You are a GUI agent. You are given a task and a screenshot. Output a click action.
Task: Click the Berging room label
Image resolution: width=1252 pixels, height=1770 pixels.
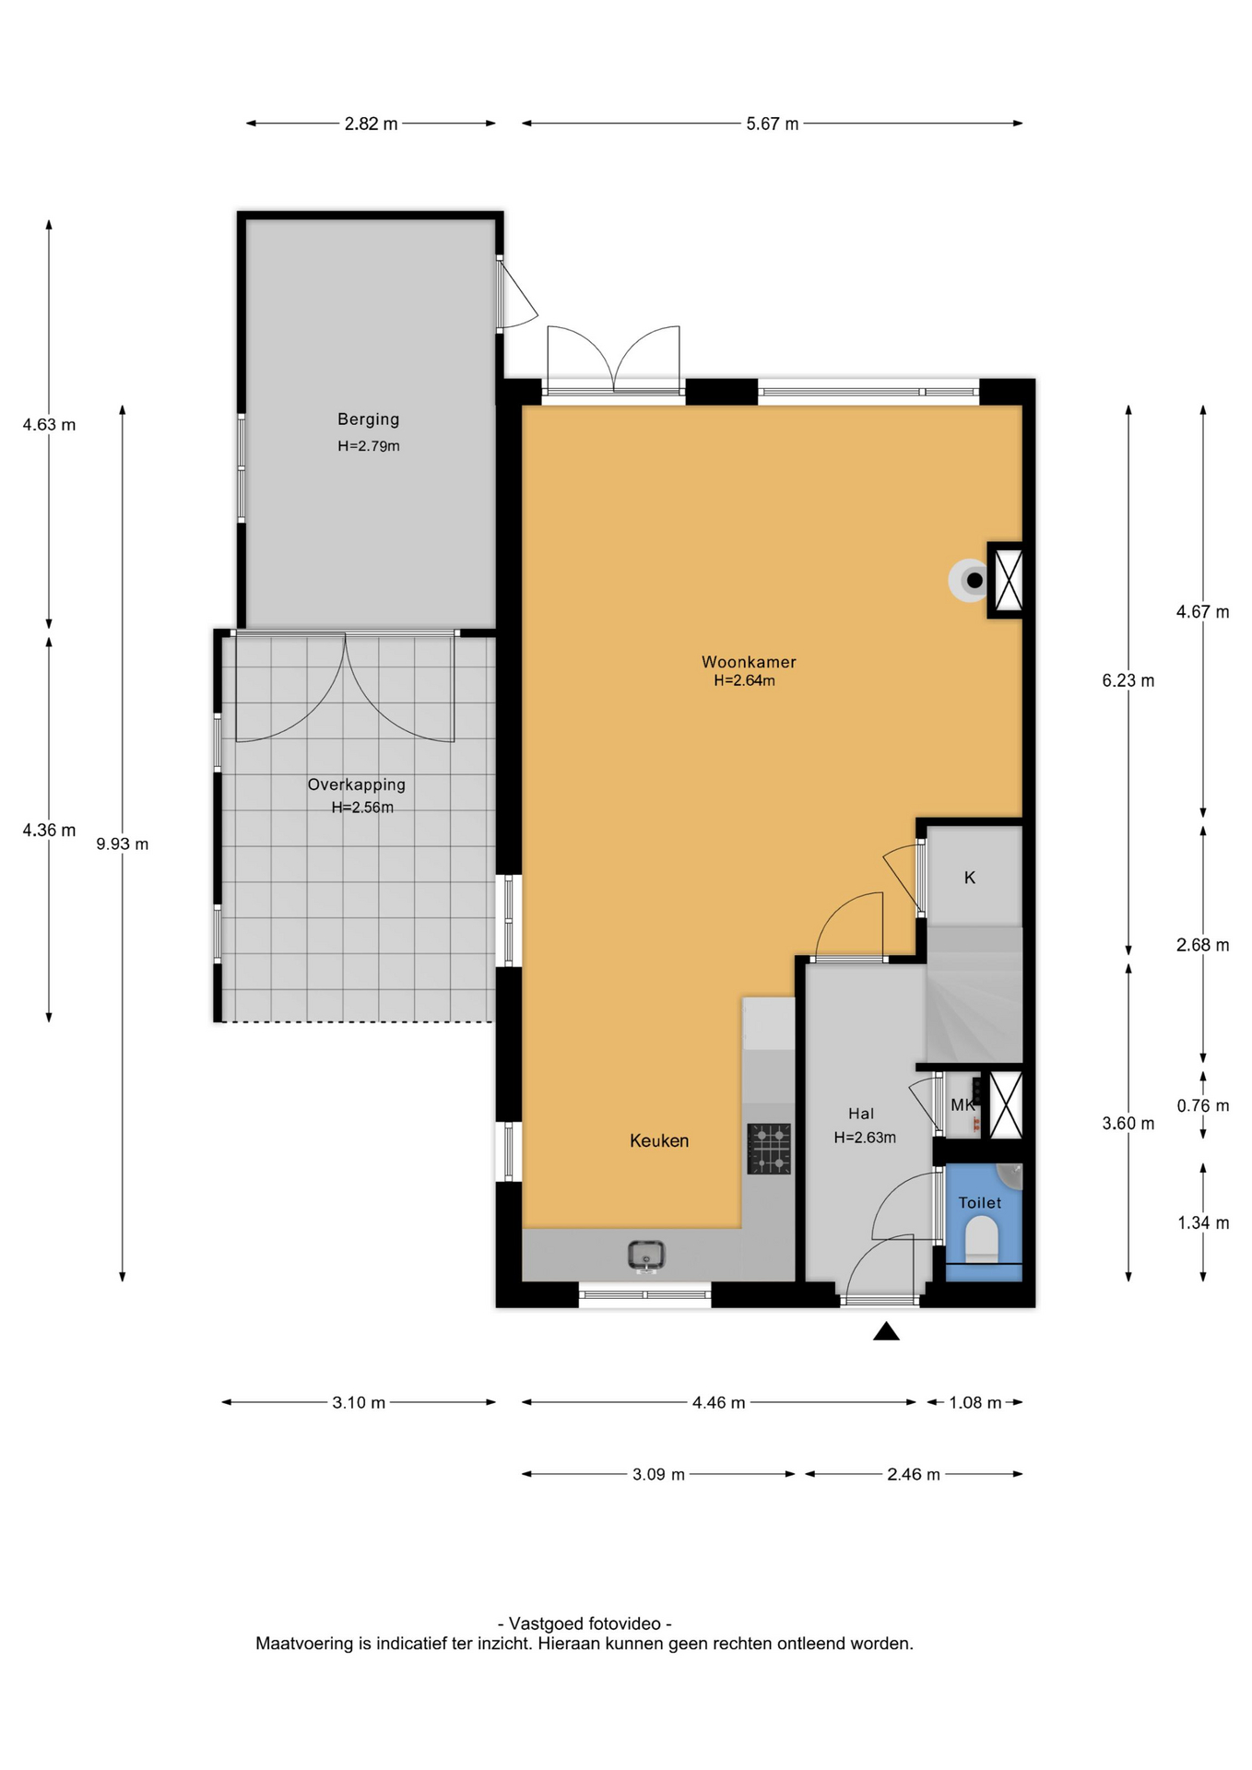(x=368, y=419)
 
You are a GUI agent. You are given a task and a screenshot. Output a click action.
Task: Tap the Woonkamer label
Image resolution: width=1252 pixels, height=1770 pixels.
(x=749, y=662)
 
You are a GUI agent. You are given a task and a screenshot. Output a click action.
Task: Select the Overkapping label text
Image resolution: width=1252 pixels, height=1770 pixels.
(x=357, y=785)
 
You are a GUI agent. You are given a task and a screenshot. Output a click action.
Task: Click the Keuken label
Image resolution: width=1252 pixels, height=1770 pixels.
(x=659, y=1140)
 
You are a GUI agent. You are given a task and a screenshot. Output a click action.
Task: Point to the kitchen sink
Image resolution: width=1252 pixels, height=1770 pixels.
(x=646, y=1255)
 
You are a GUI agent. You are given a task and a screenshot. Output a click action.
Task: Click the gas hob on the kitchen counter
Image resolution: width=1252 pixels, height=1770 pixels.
(x=769, y=1149)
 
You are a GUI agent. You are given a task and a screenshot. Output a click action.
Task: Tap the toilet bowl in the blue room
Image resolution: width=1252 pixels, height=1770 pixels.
(x=982, y=1240)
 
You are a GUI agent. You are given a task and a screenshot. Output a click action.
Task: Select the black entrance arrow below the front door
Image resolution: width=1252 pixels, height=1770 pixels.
(x=886, y=1331)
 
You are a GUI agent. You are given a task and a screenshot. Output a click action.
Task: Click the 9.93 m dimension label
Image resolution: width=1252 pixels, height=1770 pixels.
(x=123, y=844)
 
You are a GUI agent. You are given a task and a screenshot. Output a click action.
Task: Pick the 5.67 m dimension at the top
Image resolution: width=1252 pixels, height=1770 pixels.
(x=773, y=124)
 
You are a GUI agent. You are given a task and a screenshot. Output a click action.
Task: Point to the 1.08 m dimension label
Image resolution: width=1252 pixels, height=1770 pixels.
(x=975, y=1403)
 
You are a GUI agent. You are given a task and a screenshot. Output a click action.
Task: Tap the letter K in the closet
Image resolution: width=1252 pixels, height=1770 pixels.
(x=970, y=878)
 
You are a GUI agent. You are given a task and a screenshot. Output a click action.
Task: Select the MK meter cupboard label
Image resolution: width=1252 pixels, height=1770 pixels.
(x=963, y=1105)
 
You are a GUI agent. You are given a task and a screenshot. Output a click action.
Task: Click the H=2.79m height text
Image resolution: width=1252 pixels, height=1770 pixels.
(x=369, y=446)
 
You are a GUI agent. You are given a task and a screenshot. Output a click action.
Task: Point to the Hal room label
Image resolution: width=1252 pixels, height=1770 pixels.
(x=861, y=1114)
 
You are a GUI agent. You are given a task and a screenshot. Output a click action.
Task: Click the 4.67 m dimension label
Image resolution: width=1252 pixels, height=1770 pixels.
(x=1203, y=612)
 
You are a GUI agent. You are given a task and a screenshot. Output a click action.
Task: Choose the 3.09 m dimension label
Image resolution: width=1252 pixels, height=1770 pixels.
(x=659, y=1475)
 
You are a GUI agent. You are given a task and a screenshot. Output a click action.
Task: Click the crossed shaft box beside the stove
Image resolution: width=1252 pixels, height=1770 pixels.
(x=1008, y=580)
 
